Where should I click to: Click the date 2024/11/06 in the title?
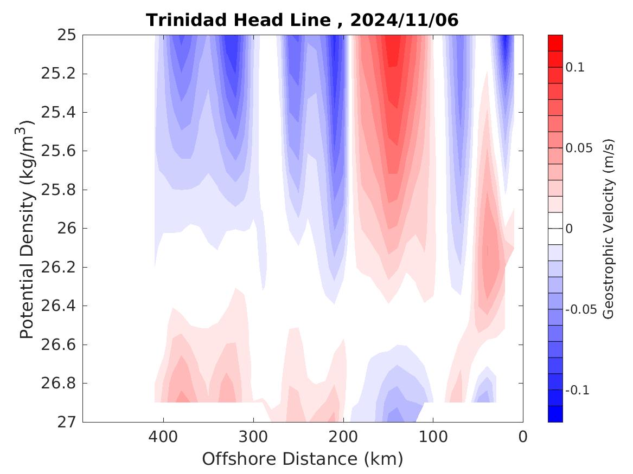(x=404, y=21)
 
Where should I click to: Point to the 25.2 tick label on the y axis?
(x=59, y=74)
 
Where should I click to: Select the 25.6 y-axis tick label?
(x=59, y=151)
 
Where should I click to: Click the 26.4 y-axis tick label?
(x=59, y=306)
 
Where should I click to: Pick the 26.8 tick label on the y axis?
(x=59, y=384)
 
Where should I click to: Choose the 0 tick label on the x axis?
(x=523, y=437)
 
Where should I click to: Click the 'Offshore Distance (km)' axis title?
(x=303, y=459)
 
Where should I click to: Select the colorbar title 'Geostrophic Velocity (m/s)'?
(x=609, y=229)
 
